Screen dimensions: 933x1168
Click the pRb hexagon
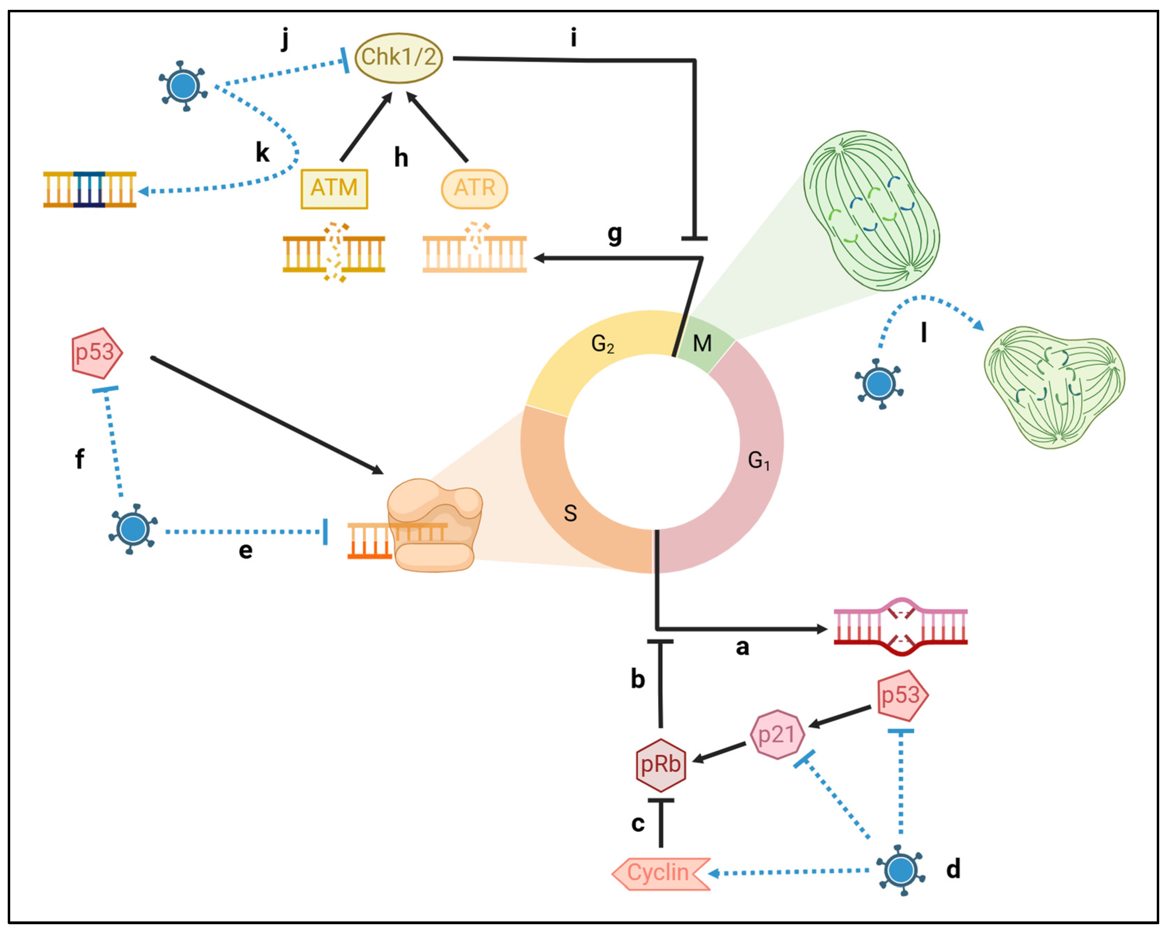tap(661, 765)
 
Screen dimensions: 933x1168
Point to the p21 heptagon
tap(777, 734)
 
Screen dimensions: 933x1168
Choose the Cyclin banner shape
tap(660, 873)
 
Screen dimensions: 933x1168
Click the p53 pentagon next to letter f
tap(96, 353)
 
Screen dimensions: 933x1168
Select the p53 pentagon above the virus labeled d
tap(901, 696)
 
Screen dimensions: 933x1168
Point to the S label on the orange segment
tap(570, 513)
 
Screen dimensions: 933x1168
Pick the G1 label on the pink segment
tap(758, 460)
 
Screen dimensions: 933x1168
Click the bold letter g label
tap(614, 234)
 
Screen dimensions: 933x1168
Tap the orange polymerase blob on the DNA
tap(434, 524)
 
